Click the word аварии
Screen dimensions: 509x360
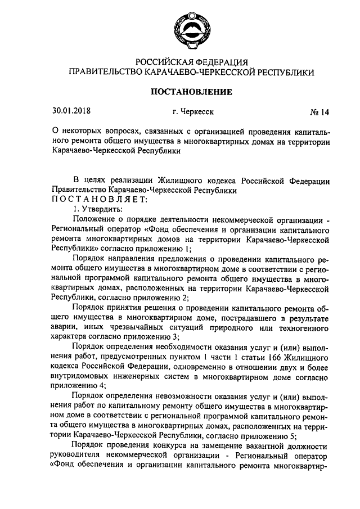(64, 327)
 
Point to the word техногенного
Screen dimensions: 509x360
(304, 327)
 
